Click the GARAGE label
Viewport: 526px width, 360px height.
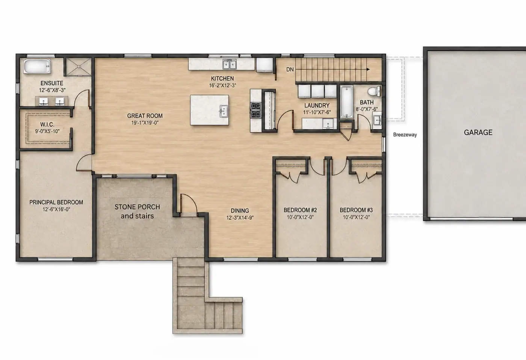coord(478,132)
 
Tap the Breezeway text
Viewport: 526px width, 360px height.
coord(405,135)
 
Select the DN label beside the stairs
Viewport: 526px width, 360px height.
coord(290,70)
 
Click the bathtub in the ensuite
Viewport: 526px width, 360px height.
coord(37,66)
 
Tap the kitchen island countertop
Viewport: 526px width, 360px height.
coord(210,110)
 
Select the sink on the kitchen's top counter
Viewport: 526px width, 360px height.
coord(229,64)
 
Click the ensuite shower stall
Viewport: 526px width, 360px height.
coord(79,67)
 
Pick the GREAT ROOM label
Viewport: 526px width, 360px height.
coord(145,116)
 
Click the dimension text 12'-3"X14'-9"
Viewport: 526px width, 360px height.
coord(240,218)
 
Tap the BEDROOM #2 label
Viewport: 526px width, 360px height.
coord(300,210)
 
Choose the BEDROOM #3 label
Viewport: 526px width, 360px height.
coord(356,210)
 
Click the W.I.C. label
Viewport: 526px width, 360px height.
coord(47,124)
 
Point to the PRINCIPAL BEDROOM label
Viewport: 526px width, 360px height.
coord(56,202)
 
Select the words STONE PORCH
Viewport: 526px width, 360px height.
coord(138,207)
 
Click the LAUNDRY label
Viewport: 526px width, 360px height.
coord(317,106)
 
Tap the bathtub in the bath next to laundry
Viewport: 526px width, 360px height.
coord(346,102)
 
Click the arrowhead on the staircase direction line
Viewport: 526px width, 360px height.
coord(368,70)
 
